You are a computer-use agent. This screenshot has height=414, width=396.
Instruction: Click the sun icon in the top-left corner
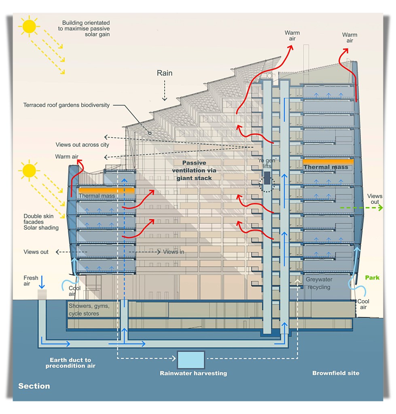point(30,26)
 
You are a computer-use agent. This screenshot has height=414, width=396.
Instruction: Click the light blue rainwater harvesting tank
point(191,359)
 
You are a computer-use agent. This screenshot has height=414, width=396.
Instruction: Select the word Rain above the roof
point(165,73)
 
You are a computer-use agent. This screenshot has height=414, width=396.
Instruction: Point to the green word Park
point(372,278)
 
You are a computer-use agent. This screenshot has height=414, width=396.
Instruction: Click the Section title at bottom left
point(34,386)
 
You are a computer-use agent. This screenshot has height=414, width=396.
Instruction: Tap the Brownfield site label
point(335,373)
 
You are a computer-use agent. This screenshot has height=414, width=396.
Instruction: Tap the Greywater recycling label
point(318,283)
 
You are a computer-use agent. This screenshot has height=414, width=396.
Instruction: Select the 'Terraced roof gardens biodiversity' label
point(66,105)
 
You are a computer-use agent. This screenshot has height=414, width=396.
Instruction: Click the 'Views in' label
point(174,252)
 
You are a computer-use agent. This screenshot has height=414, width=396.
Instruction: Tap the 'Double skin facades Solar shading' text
point(41,222)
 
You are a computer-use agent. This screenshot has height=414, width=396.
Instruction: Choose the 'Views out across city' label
point(82,145)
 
